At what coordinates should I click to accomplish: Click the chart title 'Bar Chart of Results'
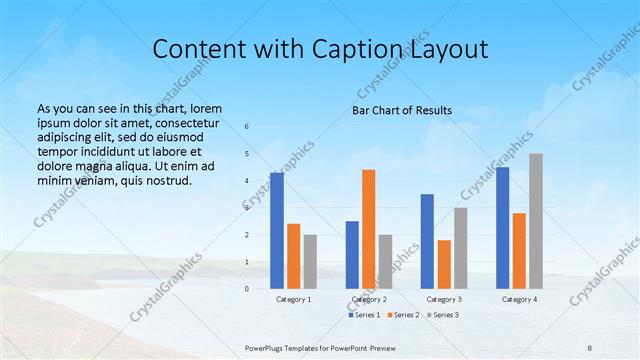(x=402, y=110)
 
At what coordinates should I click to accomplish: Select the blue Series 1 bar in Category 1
(x=276, y=230)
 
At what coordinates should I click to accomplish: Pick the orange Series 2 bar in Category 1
(x=293, y=256)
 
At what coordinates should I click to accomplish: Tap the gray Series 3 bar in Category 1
(x=310, y=261)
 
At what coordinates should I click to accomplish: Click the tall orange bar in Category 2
(x=369, y=229)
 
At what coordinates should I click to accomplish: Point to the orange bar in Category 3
(x=444, y=264)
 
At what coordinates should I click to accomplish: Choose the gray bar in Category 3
(x=461, y=247)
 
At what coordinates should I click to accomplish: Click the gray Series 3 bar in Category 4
(x=536, y=221)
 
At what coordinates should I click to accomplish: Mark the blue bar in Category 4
(x=502, y=227)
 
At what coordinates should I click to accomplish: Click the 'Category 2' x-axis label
(x=369, y=299)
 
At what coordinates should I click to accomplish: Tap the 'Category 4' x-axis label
(x=519, y=299)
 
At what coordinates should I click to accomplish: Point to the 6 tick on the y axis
(x=247, y=127)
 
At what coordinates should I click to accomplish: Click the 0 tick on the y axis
(x=247, y=288)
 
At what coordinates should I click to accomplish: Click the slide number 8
(x=588, y=346)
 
